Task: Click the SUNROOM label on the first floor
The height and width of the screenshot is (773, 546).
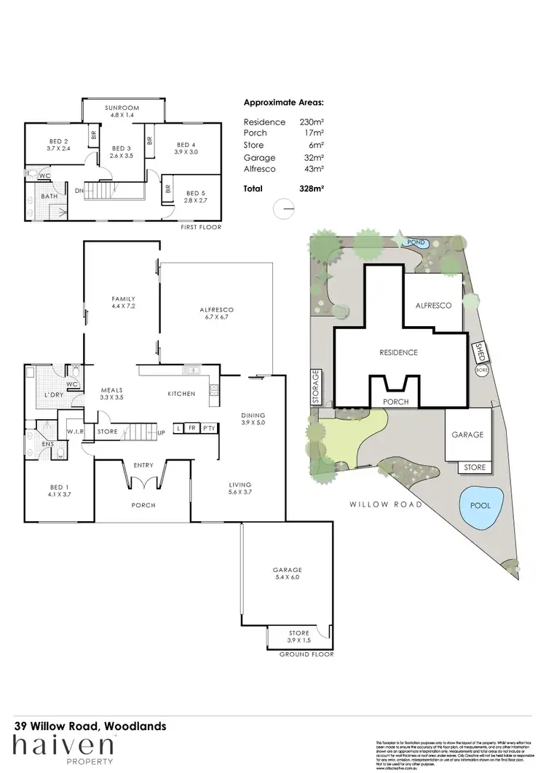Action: point(123,108)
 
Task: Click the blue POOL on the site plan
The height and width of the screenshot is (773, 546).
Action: point(480,505)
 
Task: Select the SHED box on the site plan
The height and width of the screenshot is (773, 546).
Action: point(480,352)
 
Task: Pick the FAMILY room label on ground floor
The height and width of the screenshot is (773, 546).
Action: point(122,299)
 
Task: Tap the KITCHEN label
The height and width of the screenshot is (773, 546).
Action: point(181,394)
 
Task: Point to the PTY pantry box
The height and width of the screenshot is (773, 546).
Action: point(208,428)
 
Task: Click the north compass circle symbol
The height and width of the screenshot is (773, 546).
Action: point(285,208)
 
